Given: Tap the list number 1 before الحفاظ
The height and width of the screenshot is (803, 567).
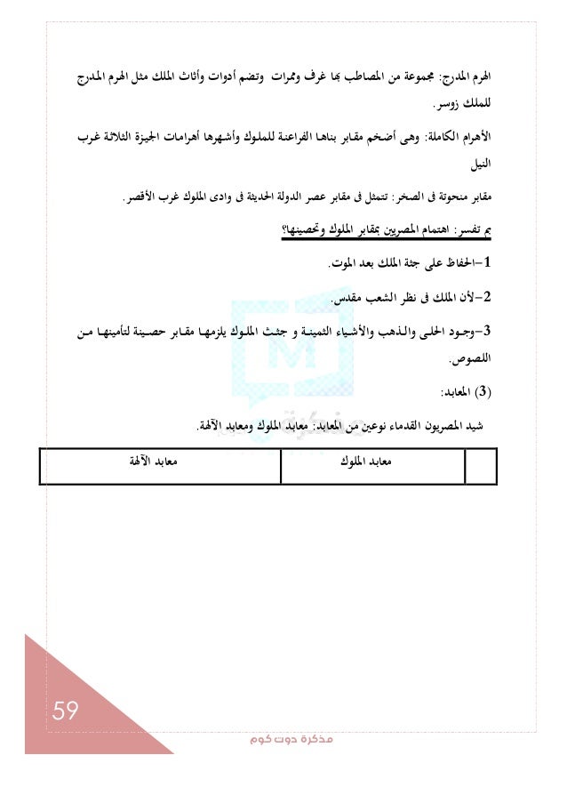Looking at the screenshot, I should click(x=490, y=264).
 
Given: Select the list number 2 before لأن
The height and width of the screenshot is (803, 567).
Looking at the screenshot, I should click(x=490, y=301).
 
